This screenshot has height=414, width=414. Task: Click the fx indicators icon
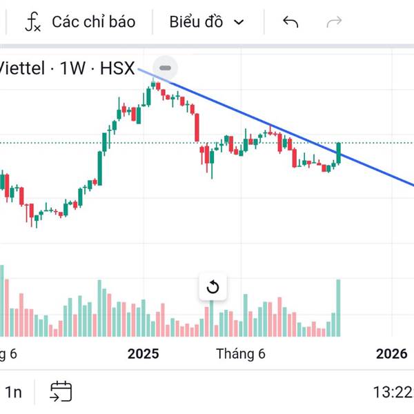click(x=32, y=22)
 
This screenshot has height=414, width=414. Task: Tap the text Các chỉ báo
click(x=93, y=22)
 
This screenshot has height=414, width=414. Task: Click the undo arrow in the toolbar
click(x=290, y=22)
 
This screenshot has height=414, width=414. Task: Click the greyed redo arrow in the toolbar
click(x=334, y=22)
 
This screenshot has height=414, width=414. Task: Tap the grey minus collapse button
click(x=165, y=68)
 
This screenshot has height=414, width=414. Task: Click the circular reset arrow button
click(x=213, y=287)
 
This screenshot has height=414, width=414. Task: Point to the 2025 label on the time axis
click(x=143, y=354)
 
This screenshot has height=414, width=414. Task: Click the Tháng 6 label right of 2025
click(x=240, y=354)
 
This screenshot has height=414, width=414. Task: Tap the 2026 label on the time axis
click(x=391, y=354)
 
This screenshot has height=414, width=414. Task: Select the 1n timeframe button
click(x=14, y=393)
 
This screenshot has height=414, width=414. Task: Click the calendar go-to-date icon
click(x=61, y=392)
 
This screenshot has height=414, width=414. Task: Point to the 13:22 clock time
click(x=393, y=393)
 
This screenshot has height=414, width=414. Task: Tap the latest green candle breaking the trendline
click(x=339, y=152)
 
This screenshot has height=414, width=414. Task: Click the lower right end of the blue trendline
click(x=411, y=184)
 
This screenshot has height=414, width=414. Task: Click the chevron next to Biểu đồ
click(x=239, y=22)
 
